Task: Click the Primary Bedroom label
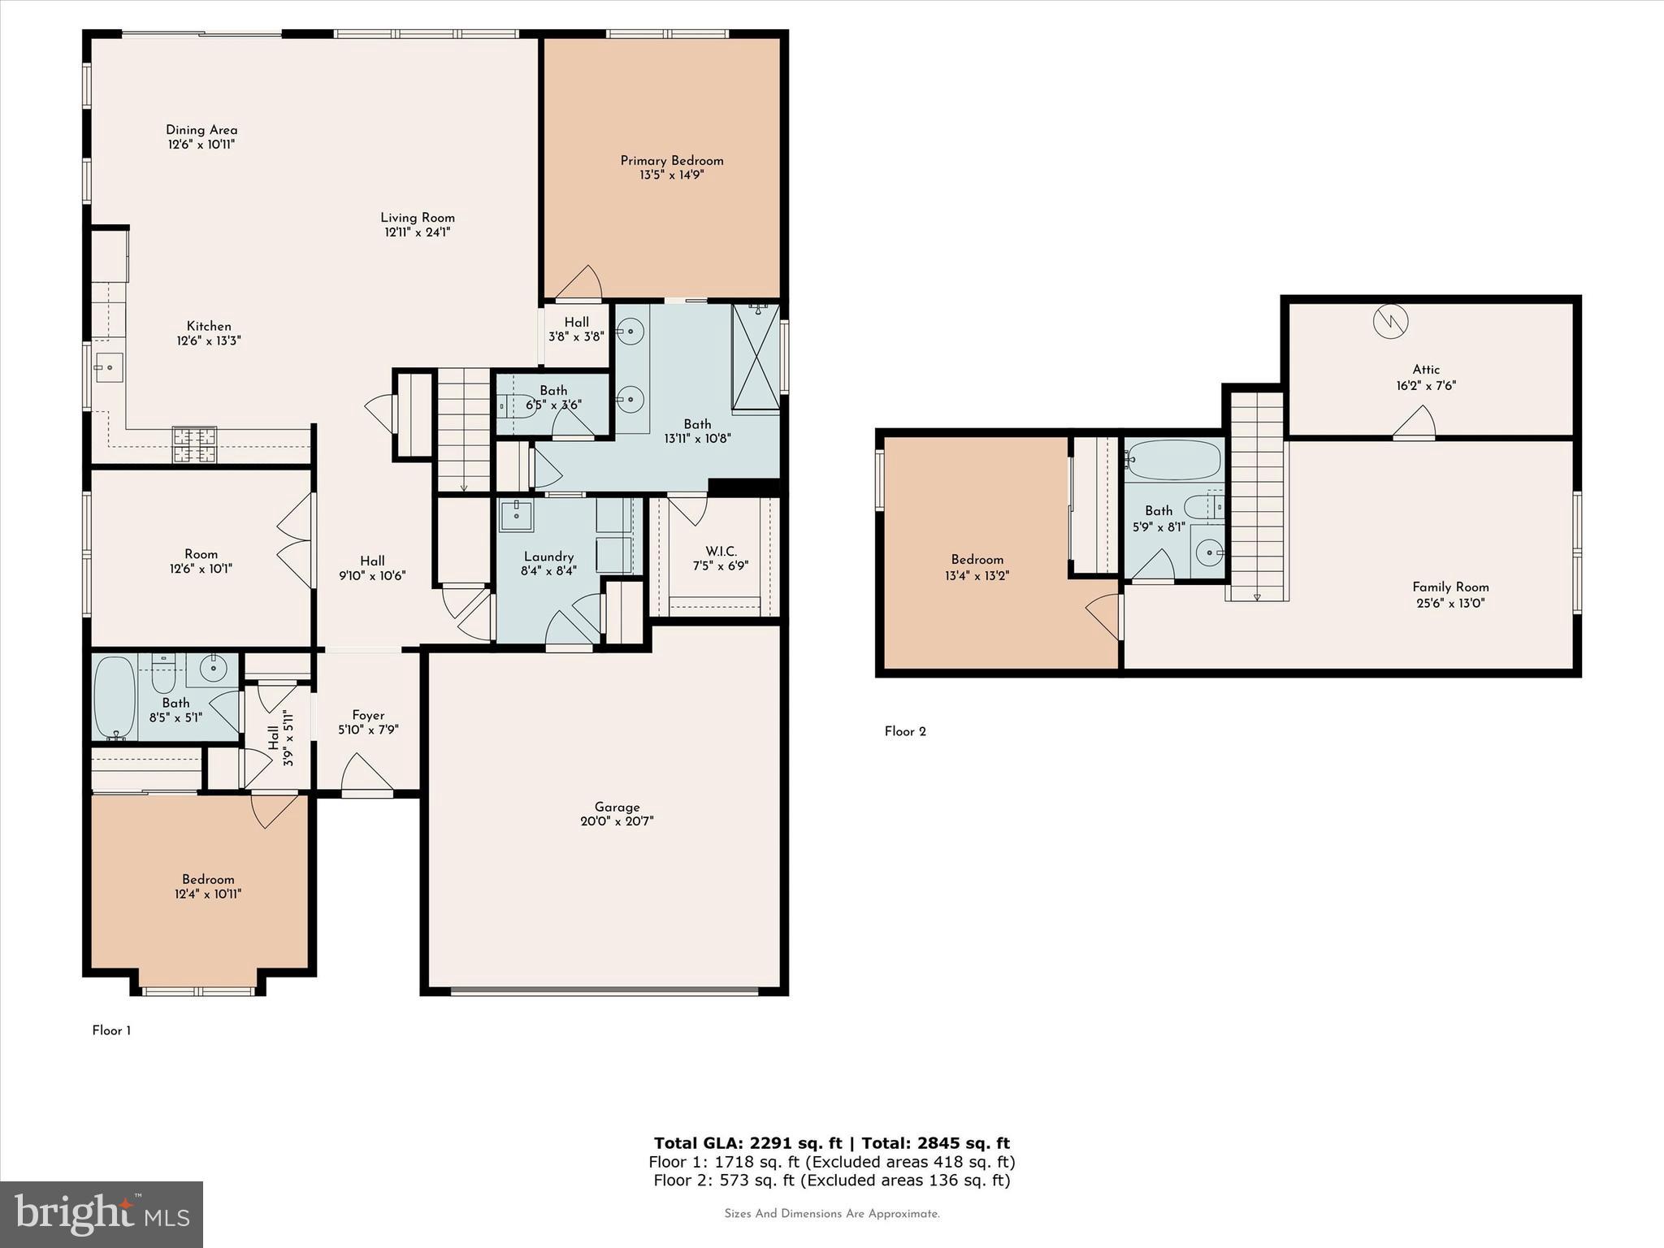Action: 671,161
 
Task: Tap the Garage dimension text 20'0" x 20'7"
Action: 617,821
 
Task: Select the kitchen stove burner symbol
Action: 195,445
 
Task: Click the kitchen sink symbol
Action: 108,368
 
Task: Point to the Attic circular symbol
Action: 1390,322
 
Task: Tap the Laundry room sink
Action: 516,515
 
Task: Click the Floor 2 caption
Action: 905,731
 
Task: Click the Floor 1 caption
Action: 111,1030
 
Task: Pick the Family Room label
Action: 1450,587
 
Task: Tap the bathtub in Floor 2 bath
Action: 1174,460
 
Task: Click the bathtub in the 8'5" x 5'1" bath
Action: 115,696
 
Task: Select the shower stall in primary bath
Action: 755,357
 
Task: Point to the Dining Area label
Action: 201,130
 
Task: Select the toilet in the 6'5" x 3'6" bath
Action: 515,405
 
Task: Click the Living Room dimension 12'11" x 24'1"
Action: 418,232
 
